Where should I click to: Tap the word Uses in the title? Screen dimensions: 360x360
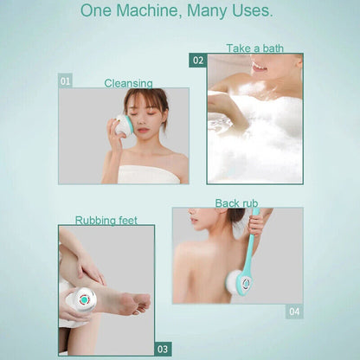pos(250,11)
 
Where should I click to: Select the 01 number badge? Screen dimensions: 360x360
pos(65,80)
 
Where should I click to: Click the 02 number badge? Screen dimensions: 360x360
pos(198,61)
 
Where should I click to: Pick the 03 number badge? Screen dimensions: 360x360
pos(163,349)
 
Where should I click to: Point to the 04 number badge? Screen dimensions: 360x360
pos(294,311)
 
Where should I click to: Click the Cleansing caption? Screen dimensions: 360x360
pos(128,83)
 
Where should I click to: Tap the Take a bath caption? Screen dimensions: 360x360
pos(254,48)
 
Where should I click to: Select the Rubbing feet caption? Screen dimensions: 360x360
pos(106,220)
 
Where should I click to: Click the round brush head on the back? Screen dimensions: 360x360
pos(239,283)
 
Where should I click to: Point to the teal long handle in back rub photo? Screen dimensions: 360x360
pos(251,251)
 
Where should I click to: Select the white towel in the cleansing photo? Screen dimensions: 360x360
pos(149,174)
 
